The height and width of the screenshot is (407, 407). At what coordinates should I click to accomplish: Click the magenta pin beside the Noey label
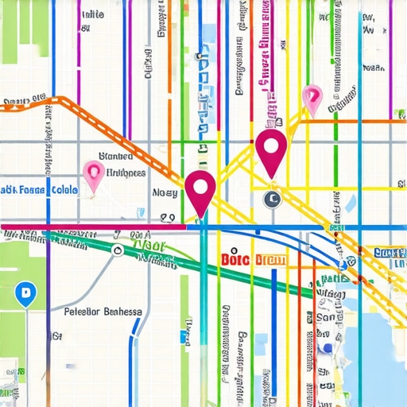click(200, 191)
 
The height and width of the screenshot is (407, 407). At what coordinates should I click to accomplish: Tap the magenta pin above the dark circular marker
click(272, 149)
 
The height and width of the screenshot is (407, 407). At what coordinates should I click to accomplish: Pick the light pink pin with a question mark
click(312, 97)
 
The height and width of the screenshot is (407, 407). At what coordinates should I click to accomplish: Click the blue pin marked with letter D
click(25, 295)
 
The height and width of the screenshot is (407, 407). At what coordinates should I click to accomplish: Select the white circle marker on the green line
click(118, 251)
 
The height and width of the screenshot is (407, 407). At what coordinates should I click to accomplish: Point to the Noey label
click(165, 192)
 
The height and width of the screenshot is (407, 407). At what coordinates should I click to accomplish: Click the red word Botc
click(235, 260)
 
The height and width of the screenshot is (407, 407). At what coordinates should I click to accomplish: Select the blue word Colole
click(64, 191)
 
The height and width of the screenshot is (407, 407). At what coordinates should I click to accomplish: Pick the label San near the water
click(325, 317)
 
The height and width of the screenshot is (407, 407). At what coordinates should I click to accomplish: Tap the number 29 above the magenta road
click(167, 217)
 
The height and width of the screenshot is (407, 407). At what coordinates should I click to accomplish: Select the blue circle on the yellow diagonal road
click(343, 263)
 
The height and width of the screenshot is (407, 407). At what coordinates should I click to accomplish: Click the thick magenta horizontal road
click(95, 227)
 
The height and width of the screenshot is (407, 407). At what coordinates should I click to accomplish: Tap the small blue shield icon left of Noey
click(140, 211)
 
